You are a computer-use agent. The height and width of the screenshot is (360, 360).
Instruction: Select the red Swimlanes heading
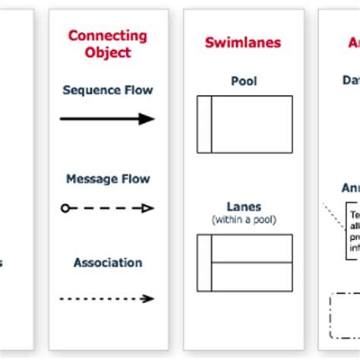[x=243, y=43]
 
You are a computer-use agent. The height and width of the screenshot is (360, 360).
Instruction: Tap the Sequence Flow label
[x=107, y=90]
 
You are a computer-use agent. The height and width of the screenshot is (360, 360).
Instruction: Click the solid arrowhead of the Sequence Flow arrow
[x=147, y=118]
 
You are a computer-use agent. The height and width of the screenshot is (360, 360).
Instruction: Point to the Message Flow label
[x=107, y=179]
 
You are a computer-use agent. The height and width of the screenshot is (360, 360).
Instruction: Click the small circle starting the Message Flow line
[x=65, y=208]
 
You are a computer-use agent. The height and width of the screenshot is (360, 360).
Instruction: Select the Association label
[x=107, y=263]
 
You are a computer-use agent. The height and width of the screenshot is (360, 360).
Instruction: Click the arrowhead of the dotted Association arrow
[x=150, y=299]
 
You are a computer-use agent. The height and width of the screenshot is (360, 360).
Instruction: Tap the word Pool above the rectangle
[x=244, y=81]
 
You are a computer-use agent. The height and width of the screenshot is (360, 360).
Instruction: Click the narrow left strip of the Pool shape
[x=204, y=124]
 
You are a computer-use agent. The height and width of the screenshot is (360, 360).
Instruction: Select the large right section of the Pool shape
[x=251, y=124]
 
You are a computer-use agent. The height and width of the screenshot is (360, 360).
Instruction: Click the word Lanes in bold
[x=244, y=207]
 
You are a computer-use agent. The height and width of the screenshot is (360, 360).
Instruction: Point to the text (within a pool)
[x=244, y=219]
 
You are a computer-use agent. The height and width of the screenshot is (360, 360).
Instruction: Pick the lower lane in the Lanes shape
[x=251, y=276]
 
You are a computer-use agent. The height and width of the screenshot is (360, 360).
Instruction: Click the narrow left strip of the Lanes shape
[x=204, y=262]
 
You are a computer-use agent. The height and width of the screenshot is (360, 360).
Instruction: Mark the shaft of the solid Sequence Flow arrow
[x=99, y=118]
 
